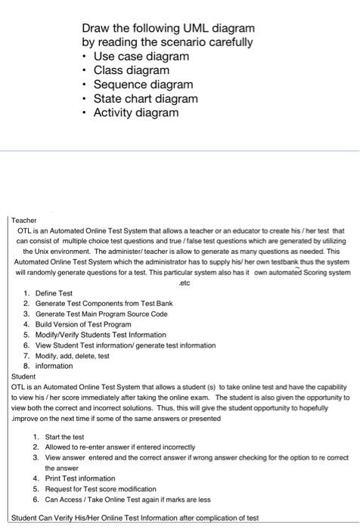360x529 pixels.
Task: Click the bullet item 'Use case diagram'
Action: (x=141, y=57)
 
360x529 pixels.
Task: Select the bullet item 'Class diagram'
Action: (x=131, y=70)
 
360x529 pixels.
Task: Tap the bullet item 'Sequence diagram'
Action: (x=143, y=85)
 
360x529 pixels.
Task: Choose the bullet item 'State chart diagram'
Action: (x=145, y=99)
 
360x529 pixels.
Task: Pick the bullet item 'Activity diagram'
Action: (x=136, y=113)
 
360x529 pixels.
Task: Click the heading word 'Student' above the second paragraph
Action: (x=25, y=375)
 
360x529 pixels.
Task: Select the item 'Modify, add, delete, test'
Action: (x=72, y=354)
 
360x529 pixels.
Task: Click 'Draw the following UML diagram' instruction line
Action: (x=168, y=28)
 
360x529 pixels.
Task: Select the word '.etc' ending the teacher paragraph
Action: (x=180, y=278)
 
